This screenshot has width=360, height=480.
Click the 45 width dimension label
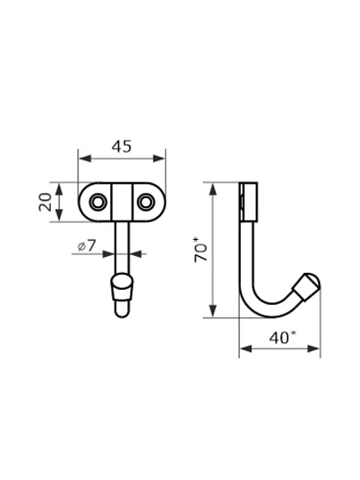(x=122, y=147)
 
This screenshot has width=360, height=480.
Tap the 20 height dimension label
(x=45, y=202)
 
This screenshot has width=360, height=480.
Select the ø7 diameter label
(x=86, y=245)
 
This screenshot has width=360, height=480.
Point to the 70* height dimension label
(x=201, y=249)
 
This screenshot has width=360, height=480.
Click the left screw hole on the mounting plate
(x=98, y=202)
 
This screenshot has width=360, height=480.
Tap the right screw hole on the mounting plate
(x=146, y=202)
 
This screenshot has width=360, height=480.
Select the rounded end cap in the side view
(x=307, y=286)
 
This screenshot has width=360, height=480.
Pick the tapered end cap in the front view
(x=122, y=286)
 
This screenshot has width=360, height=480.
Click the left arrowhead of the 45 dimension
(x=85, y=158)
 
